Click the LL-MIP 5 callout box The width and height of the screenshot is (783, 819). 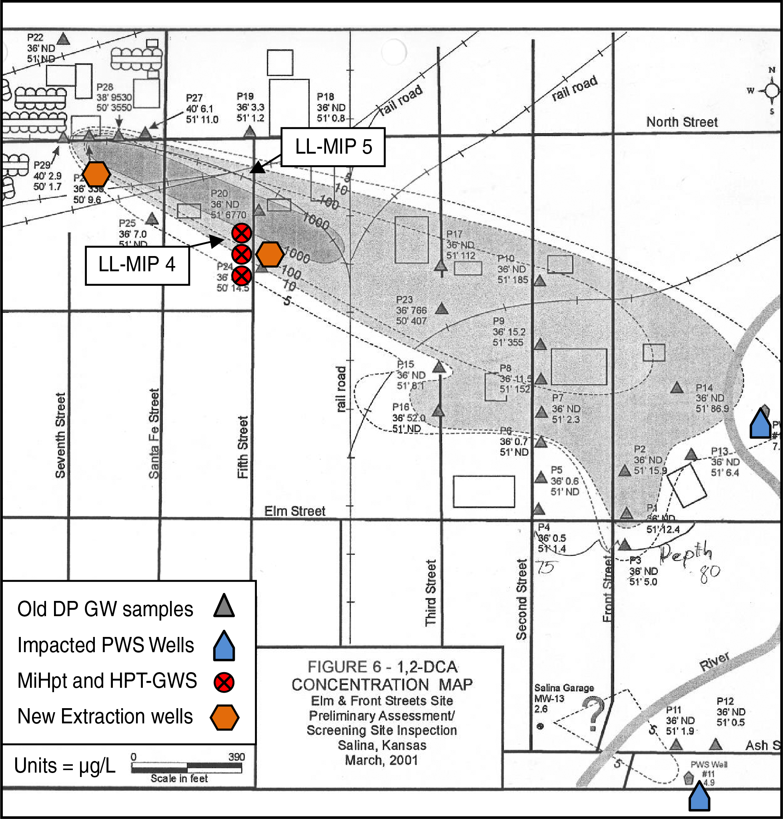332,147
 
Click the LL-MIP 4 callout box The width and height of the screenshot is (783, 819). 137,265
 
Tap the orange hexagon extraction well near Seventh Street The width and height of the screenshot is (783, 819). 96,174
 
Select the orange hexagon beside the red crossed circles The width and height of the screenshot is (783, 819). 270,254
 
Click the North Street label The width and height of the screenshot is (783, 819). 682,122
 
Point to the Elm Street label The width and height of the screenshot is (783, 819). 294,511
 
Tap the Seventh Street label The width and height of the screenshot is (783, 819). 60,435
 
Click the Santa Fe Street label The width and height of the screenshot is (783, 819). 154,434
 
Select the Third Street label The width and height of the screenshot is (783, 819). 431,593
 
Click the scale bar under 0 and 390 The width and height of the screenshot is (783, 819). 186,767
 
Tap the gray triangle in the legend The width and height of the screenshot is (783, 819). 224,606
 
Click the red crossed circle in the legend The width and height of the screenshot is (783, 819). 224,683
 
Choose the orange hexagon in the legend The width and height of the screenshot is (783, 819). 224,717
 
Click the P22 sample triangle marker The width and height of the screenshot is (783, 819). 63,39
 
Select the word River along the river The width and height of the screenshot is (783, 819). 715,661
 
